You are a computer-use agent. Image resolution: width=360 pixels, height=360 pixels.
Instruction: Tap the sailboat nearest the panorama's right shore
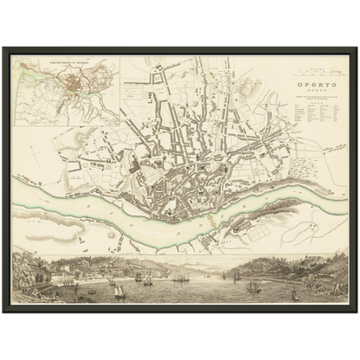tap(295, 295)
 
